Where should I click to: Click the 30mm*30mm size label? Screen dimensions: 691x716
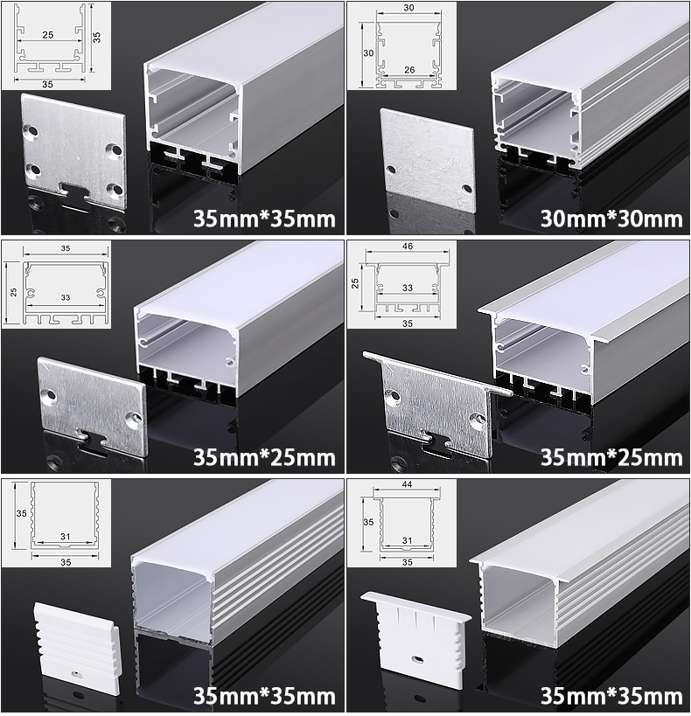[611, 219]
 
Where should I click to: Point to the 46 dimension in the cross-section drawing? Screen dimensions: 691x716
[408, 247]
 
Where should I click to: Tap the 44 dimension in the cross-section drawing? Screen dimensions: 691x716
[407, 484]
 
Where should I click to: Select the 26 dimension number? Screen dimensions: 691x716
[409, 69]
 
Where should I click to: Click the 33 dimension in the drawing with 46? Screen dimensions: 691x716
[408, 288]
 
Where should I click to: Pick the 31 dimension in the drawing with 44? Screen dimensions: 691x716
[408, 540]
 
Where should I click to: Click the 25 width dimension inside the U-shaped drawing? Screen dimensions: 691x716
[48, 35]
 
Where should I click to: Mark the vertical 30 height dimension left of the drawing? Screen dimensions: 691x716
[368, 53]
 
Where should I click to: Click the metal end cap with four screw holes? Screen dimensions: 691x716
[73, 151]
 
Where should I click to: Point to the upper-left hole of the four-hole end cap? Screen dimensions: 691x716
[32, 131]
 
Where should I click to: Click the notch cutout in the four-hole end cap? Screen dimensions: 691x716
[75, 191]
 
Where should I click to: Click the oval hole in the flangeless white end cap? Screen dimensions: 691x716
[76, 673]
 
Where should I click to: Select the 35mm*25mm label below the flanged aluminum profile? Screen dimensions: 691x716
[611, 457]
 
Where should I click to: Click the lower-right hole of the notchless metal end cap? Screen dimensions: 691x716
[467, 188]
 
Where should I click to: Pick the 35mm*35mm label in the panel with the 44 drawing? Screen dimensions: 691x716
[611, 696]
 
